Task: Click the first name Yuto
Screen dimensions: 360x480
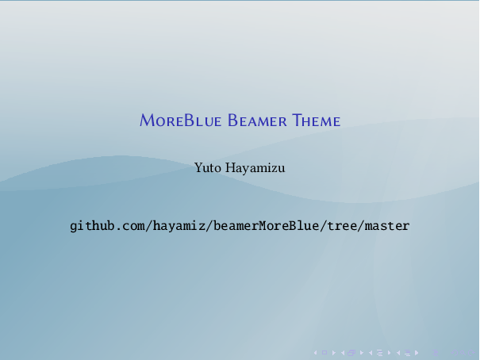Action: pos(206,167)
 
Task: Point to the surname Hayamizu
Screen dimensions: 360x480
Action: pos(255,167)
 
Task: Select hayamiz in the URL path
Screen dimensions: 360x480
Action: pos(176,226)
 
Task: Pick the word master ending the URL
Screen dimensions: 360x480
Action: pos(389,226)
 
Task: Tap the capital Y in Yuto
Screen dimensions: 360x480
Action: pos(198,167)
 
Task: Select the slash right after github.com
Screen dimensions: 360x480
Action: pos(146,226)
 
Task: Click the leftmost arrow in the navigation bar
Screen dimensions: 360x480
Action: pos(317,350)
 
